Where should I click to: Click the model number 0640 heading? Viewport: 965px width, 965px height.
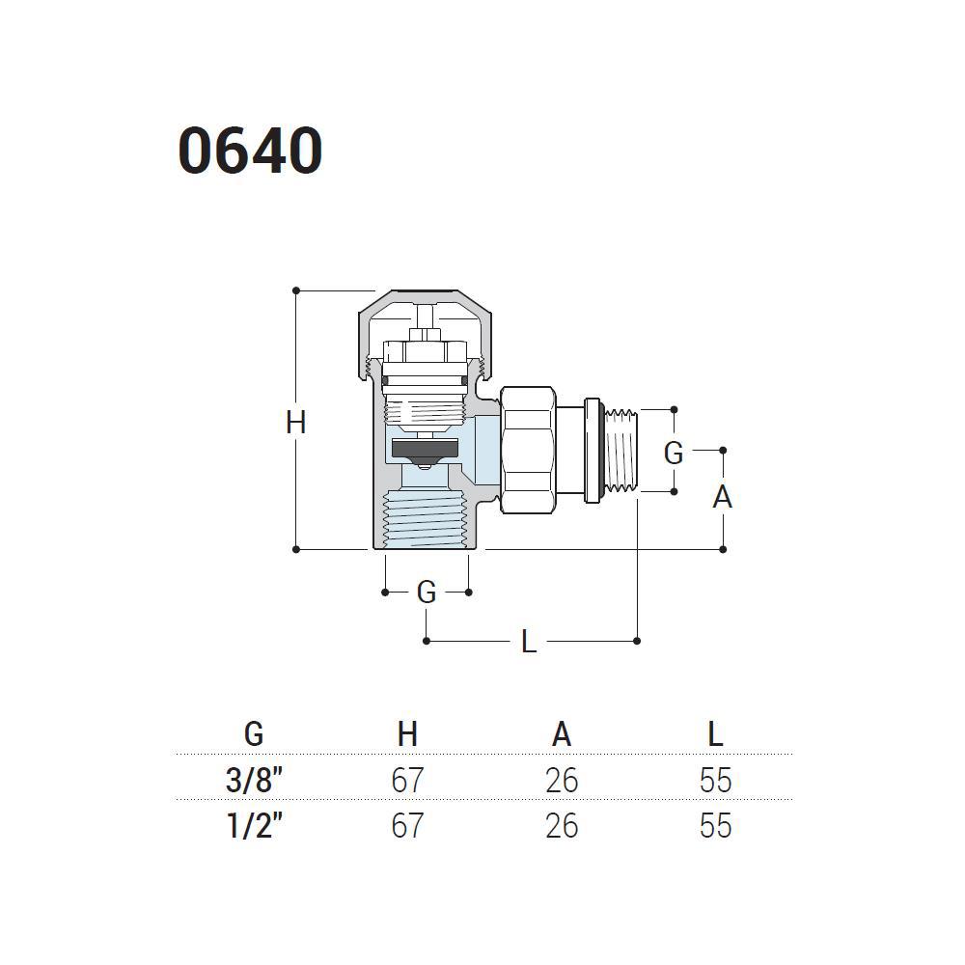[250, 151]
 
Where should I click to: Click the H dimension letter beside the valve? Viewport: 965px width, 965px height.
[296, 423]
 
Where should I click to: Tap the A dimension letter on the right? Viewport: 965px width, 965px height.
[723, 497]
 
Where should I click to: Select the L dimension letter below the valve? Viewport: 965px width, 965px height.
[529, 642]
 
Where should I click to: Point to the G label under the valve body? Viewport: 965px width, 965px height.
[427, 593]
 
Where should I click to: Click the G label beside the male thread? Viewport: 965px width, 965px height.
[674, 454]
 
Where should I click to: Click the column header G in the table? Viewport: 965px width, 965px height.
[254, 733]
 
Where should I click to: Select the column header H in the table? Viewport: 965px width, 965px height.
[407, 733]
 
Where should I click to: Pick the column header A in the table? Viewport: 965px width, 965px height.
[562, 733]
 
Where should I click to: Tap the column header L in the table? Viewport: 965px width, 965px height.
[715, 733]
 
